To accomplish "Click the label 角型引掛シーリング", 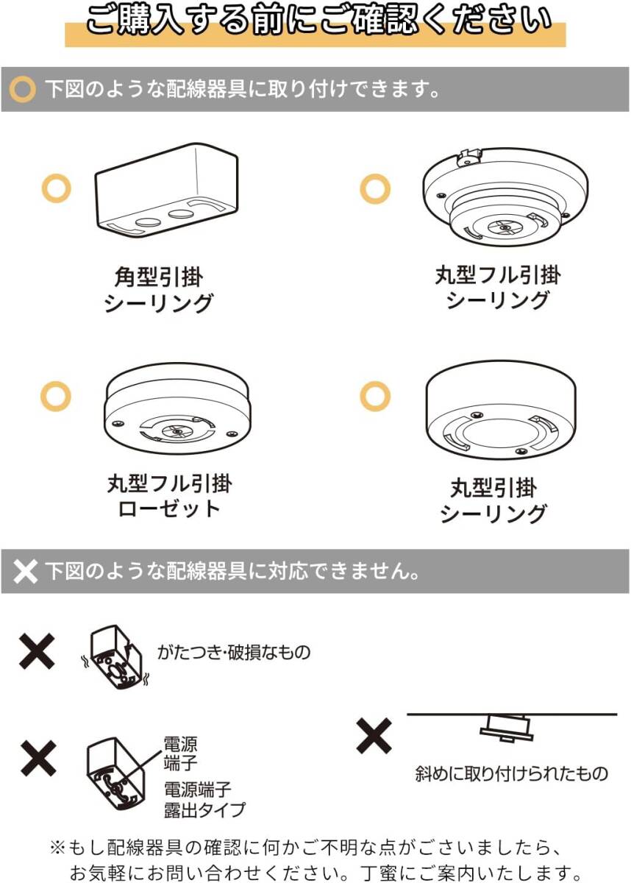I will [158, 290].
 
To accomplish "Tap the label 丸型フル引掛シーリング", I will [498, 288].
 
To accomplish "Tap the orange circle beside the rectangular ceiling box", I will [56, 189].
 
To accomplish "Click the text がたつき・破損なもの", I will [234, 652].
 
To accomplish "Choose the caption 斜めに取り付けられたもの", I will [512, 773].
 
